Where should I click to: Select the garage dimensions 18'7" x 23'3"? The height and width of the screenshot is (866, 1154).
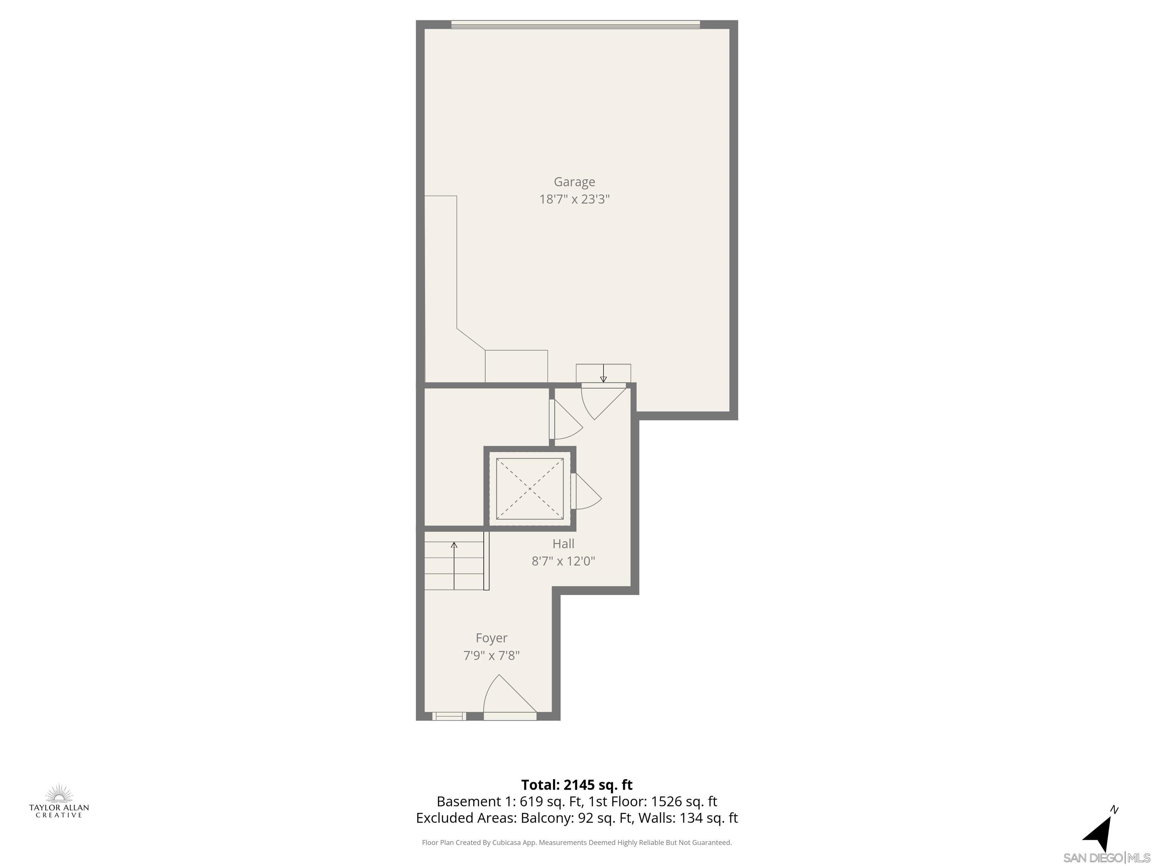tap(574, 200)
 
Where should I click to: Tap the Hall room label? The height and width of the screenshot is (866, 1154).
tap(563, 544)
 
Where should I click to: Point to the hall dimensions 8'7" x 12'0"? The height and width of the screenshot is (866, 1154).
tap(563, 561)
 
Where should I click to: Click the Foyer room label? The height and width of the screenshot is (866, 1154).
tap(491, 638)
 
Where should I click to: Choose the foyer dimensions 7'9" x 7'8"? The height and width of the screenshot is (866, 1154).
tap(491, 656)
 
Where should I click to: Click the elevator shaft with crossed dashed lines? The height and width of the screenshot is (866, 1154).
tap(530, 489)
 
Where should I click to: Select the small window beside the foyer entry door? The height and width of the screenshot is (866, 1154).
tap(449, 716)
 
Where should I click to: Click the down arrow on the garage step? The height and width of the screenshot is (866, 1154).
tap(603, 373)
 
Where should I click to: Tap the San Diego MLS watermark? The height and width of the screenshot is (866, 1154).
tap(1106, 858)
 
